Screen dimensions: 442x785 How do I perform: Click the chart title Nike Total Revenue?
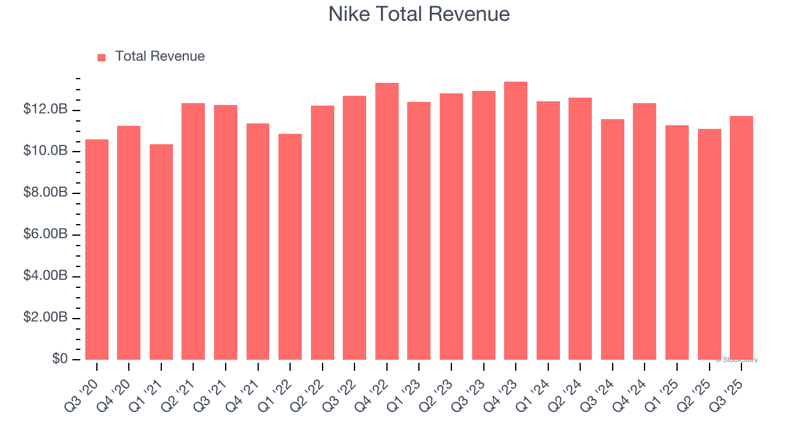click(419, 14)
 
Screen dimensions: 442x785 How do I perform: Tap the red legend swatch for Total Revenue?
click(102, 57)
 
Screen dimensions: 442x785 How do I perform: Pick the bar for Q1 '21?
click(161, 252)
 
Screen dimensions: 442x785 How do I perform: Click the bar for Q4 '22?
click(387, 221)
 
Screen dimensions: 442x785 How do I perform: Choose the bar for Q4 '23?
click(516, 220)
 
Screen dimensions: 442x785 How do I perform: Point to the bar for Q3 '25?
click(741, 238)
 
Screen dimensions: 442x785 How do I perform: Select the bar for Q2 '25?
click(710, 244)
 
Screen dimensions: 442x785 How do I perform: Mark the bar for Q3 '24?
click(613, 239)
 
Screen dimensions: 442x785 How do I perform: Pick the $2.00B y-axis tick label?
click(45, 317)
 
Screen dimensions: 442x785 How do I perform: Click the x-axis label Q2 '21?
click(182, 387)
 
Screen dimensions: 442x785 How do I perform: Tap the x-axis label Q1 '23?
click(408, 387)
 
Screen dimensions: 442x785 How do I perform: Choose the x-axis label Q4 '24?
click(634, 387)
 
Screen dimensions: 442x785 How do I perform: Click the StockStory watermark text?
click(737, 360)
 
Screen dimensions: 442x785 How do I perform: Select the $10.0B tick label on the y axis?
click(45, 151)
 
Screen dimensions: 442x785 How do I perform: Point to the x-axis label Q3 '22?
click(343, 387)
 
